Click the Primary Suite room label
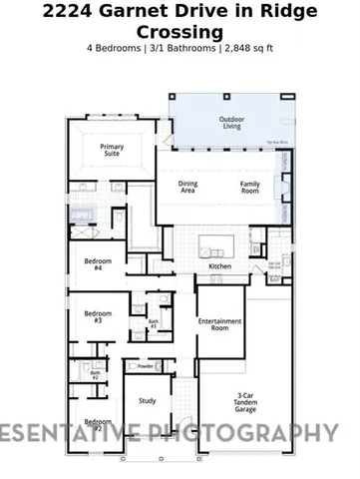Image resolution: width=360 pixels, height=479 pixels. coord(112,150)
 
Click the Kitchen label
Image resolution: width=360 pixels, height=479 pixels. coord(219,266)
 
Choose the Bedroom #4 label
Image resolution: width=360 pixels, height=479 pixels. coord(98,265)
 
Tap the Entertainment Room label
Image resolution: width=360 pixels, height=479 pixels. coord(219,324)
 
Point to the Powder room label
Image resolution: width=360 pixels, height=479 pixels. coord(146,366)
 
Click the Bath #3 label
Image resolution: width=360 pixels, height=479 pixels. coord(154,323)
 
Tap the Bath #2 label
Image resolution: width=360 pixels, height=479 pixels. coord(96,375)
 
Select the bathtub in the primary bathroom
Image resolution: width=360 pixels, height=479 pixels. coord(83,215)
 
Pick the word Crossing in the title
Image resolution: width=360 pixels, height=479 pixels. coord(180,32)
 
